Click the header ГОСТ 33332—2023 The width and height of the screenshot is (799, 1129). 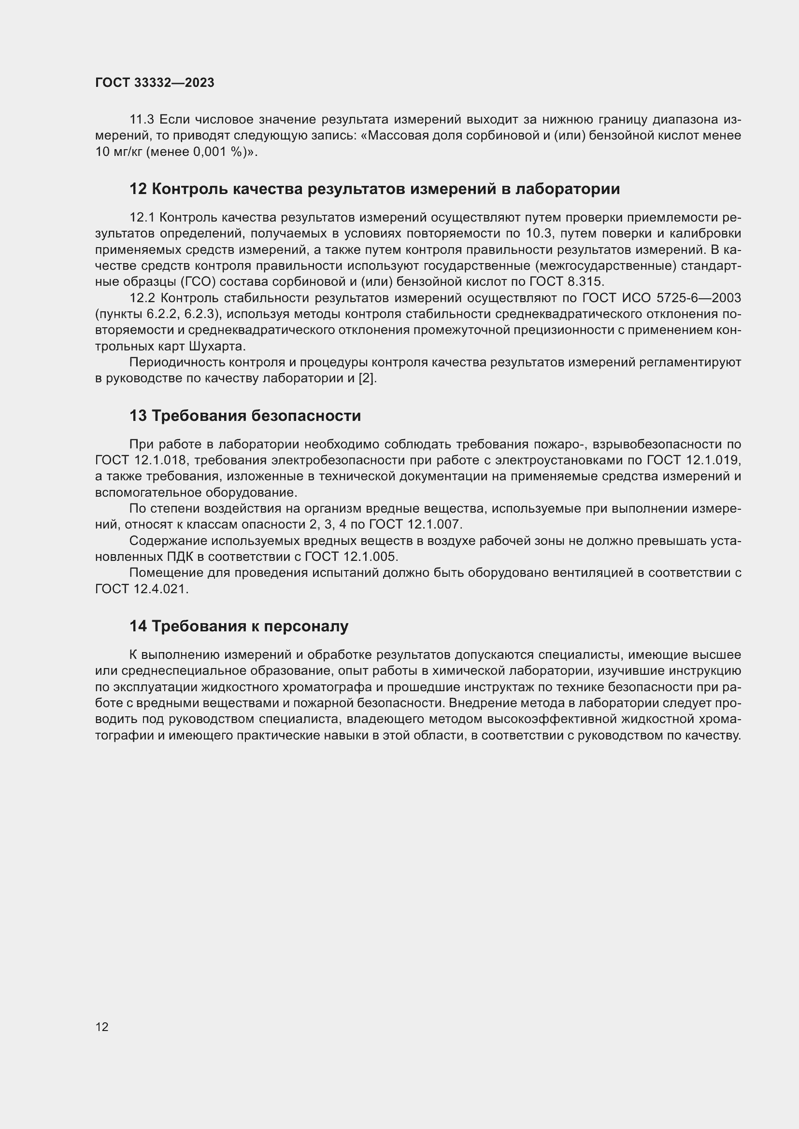155,83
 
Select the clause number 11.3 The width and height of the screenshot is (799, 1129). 142,120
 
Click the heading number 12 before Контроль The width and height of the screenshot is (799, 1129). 138,189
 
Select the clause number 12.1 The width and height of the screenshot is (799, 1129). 142,217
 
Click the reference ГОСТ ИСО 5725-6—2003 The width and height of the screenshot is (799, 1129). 661,298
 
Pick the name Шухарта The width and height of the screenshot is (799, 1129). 216,347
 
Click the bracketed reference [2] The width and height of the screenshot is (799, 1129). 367,378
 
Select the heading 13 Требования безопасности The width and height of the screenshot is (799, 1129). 245,416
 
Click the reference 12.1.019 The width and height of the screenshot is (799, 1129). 712,460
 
